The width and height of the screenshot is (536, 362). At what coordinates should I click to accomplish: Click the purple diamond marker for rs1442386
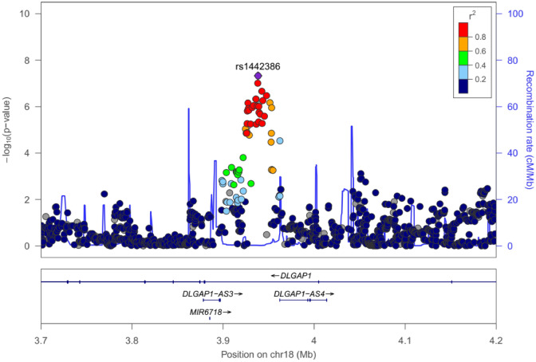258,76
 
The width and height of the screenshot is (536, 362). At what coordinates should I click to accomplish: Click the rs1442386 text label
258,66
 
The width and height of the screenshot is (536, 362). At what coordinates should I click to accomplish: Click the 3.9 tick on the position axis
223,330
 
